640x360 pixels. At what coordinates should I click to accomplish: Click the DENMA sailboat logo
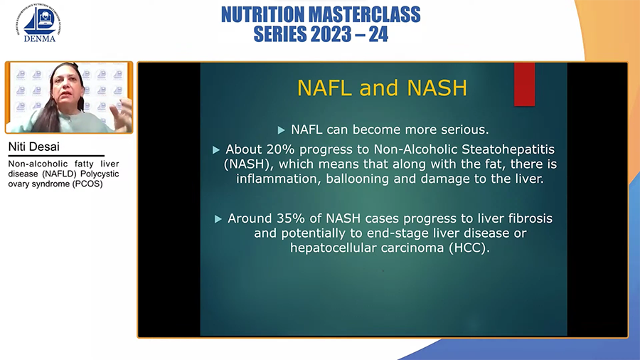tap(39, 23)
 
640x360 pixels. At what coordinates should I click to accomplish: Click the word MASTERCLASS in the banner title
tap(364, 15)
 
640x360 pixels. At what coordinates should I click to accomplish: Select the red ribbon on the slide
tap(524, 84)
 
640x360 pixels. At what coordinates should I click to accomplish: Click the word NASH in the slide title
tap(437, 88)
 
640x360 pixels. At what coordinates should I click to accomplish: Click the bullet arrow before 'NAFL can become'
tap(281, 130)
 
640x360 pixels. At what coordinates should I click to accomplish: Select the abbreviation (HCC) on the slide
tap(469, 248)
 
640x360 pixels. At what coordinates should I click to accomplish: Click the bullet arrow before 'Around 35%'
tap(218, 219)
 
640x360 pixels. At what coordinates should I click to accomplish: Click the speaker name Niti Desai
tap(34, 147)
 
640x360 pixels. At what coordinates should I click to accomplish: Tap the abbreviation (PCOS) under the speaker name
tap(87, 184)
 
